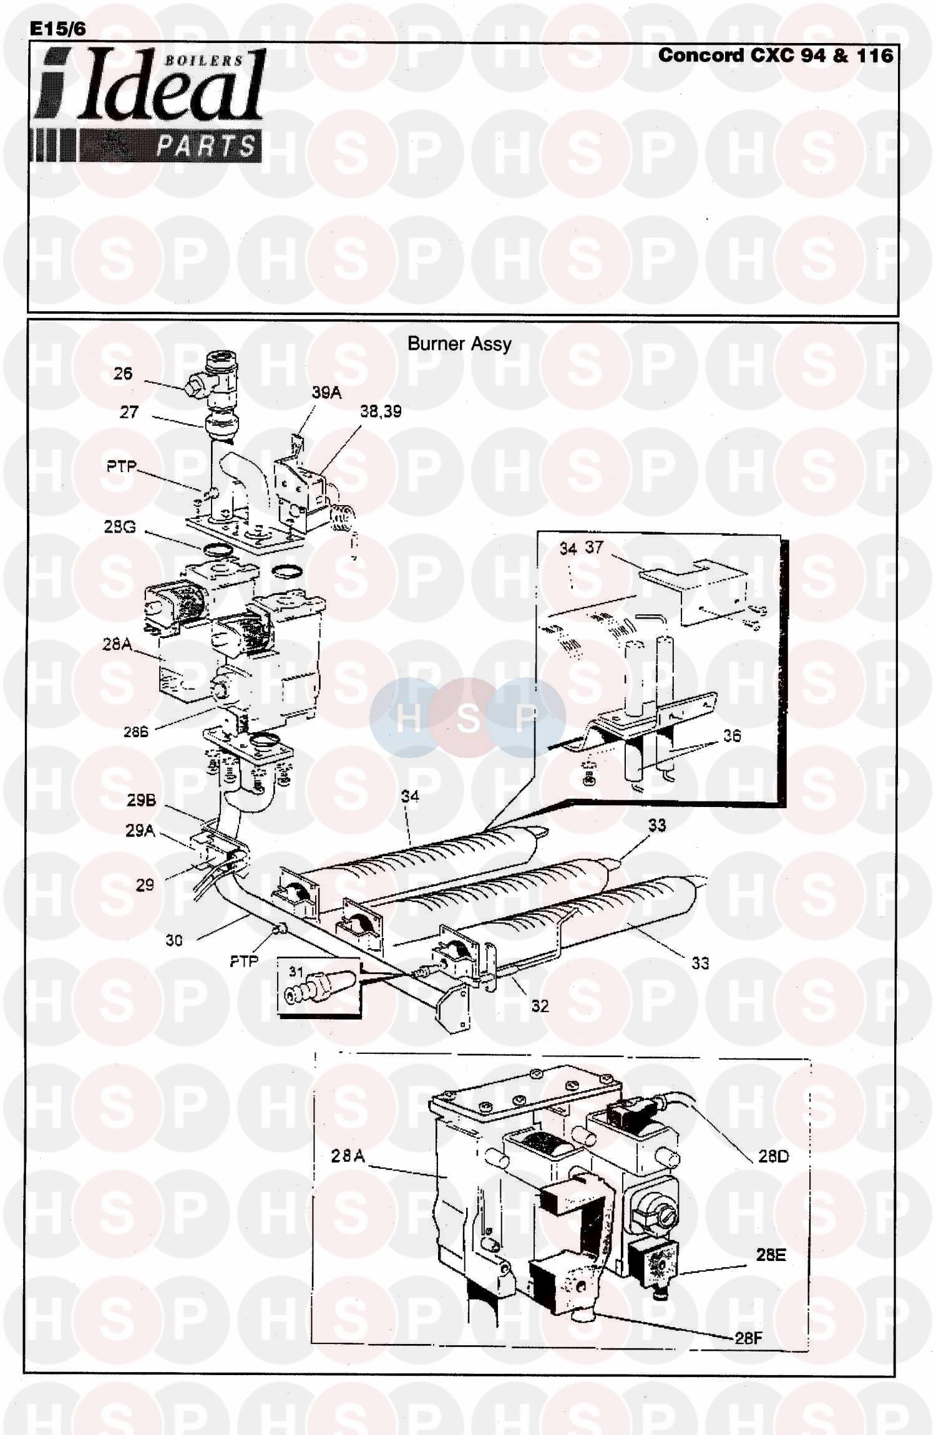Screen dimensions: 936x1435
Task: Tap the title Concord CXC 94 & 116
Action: tap(776, 56)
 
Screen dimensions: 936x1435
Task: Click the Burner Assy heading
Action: tap(459, 344)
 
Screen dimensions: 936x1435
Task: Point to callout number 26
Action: tap(123, 373)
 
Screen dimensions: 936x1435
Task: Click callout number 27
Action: tap(129, 412)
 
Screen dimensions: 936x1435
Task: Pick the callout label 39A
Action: tap(326, 393)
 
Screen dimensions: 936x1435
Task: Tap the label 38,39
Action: tap(381, 412)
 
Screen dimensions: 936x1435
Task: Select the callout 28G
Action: tap(120, 528)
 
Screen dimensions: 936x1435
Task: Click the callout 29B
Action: tap(140, 801)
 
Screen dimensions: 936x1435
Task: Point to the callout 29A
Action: tap(140, 830)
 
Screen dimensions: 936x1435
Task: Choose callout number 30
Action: tap(174, 939)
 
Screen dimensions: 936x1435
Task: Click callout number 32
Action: tap(540, 1005)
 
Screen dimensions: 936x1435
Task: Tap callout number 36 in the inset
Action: tap(732, 736)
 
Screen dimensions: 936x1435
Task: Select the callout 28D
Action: tap(774, 1156)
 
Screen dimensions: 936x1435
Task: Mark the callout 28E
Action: tap(771, 1254)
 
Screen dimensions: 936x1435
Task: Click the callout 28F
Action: tap(748, 1337)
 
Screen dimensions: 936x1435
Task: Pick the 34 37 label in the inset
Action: tap(581, 548)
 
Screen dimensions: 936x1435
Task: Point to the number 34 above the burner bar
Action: tap(410, 796)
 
